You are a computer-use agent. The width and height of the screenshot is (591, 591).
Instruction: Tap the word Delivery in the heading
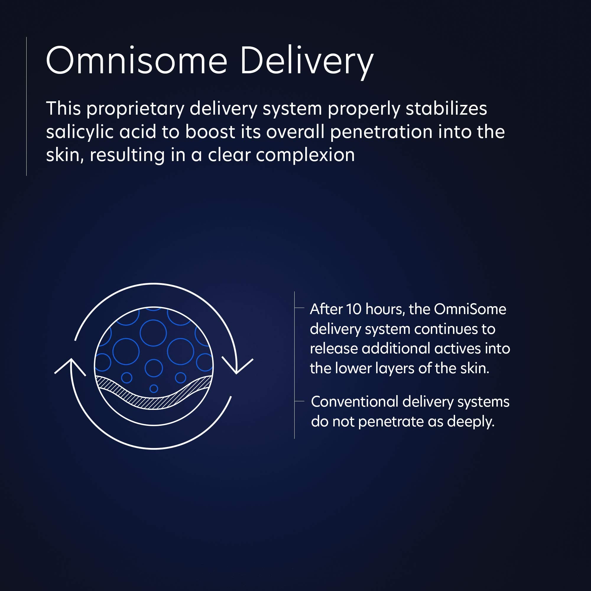(307, 63)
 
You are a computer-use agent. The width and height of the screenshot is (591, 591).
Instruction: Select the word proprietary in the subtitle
(135, 110)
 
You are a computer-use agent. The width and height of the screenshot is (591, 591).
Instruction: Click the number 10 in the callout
(354, 309)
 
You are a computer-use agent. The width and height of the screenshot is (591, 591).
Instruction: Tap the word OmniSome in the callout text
(470, 309)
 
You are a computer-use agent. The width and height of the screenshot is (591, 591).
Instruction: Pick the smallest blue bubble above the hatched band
(154, 389)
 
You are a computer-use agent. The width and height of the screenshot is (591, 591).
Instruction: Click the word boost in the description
(210, 132)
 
